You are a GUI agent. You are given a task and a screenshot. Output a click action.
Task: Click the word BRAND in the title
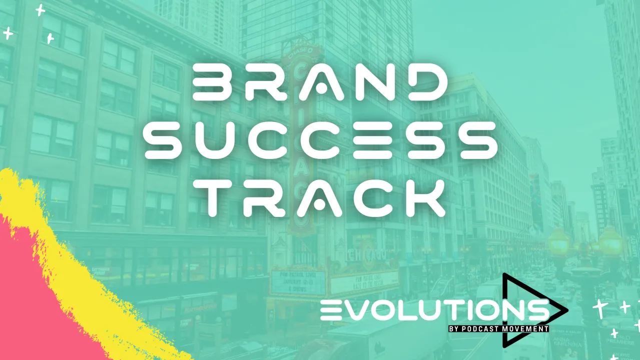point(319,84)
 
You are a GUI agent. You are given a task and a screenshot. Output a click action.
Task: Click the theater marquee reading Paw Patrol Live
point(291,281)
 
